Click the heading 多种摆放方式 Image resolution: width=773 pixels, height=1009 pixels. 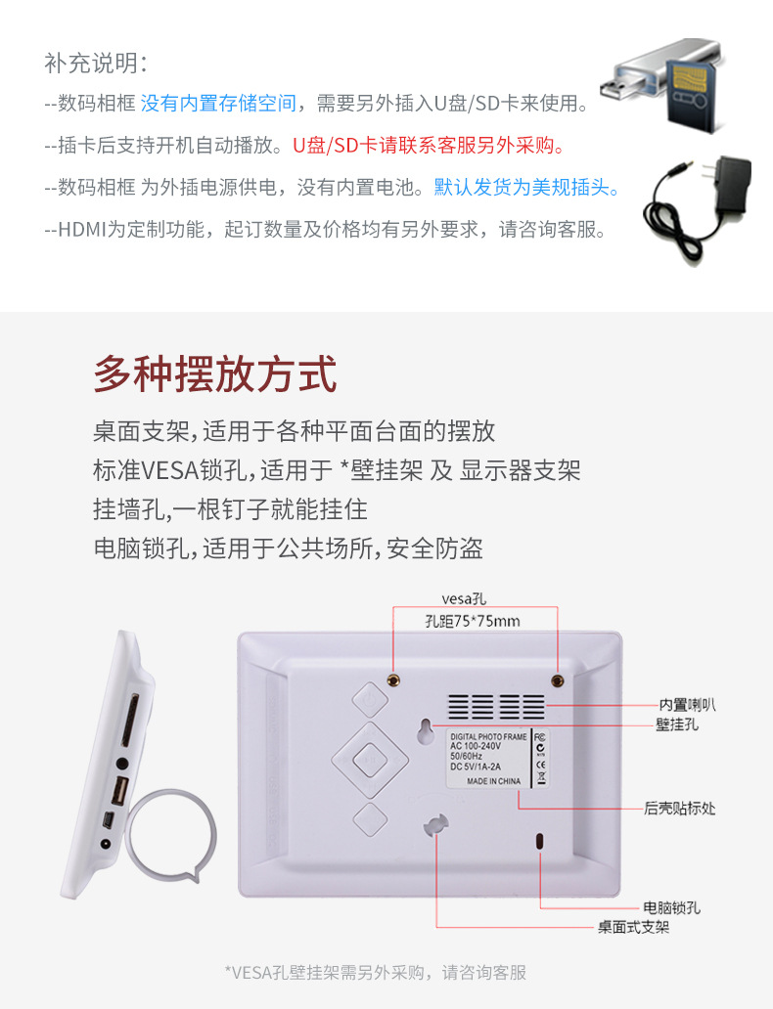point(215,374)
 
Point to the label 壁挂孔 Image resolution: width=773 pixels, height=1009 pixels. point(677,725)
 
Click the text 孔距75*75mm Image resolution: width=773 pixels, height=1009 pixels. point(473,621)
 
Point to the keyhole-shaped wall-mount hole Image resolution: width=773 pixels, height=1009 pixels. point(428,730)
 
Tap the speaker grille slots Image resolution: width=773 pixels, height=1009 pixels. point(496,707)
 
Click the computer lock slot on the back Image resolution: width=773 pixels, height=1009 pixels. point(539,842)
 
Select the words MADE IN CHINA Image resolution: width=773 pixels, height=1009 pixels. point(493,781)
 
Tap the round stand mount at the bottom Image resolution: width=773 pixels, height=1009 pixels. point(435,822)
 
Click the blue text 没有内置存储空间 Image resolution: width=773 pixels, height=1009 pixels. point(218,103)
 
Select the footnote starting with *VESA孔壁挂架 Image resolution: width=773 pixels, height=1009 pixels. point(376,972)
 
